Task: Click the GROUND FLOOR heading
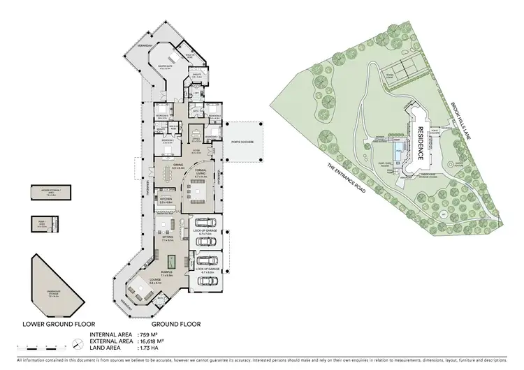click(x=177, y=324)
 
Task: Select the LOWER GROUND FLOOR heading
click(x=53, y=324)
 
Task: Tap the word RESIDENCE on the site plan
click(x=421, y=144)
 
